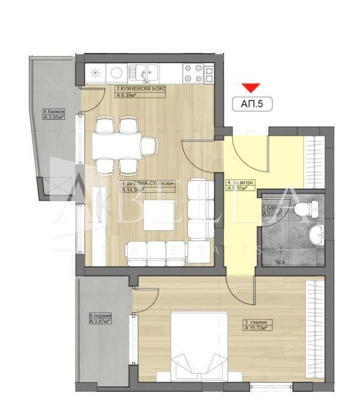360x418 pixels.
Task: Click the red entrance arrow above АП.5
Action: (250, 88)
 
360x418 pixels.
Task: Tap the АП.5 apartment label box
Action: (252, 104)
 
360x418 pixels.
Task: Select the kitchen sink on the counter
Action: (146, 74)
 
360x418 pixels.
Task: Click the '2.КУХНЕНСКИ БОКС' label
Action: (140, 89)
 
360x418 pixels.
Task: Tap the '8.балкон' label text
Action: (52, 112)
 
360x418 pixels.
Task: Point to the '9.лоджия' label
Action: (100, 315)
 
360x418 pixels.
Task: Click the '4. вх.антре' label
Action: (241, 183)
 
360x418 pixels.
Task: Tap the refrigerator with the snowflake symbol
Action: (95, 74)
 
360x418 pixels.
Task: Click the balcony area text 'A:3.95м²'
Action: (53, 118)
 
